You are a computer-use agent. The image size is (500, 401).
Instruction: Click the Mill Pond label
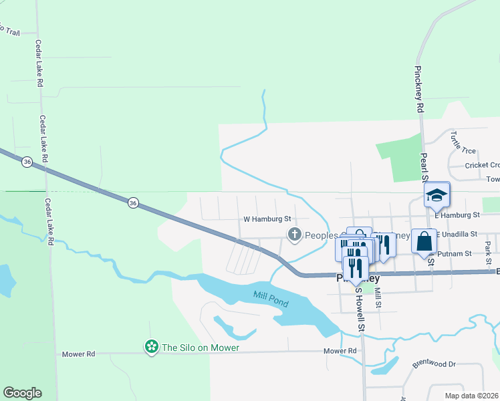point(271,299)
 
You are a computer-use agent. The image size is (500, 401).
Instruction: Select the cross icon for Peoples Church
point(293,235)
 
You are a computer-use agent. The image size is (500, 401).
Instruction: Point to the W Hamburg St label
point(267,219)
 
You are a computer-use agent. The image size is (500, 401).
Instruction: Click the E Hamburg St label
point(457,215)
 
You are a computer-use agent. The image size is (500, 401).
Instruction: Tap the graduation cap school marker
point(436,195)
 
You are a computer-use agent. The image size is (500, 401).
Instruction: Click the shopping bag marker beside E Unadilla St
point(424,241)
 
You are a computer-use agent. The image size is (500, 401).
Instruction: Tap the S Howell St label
point(360,309)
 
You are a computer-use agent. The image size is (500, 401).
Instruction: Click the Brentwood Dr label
point(433,364)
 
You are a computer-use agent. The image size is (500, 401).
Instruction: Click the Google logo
point(22,393)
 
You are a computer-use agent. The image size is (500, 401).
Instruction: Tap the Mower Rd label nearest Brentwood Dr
point(340,351)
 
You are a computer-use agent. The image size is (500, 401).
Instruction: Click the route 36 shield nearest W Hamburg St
point(133,203)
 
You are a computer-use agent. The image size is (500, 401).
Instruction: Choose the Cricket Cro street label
point(482,165)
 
